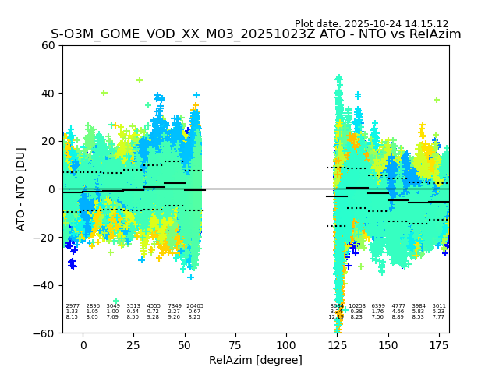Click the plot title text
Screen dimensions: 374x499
256,34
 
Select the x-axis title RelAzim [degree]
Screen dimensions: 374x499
256,360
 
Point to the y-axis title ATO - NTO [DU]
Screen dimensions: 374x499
21,189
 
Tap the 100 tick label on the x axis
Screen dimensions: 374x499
286,344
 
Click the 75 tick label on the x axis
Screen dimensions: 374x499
235,344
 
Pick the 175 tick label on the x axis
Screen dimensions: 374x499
439,344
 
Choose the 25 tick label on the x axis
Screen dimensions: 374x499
134,344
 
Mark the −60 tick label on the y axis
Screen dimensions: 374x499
45,333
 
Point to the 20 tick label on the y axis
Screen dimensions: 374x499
49,141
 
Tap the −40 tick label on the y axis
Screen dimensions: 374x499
45,285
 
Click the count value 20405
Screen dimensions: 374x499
195,306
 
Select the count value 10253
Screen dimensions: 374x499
357,306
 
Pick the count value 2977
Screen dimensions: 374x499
73,306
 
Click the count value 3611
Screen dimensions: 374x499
439,306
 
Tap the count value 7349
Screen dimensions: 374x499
175,306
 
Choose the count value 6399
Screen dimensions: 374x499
378,306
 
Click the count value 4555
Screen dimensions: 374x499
154,306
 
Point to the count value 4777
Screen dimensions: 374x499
398,306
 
